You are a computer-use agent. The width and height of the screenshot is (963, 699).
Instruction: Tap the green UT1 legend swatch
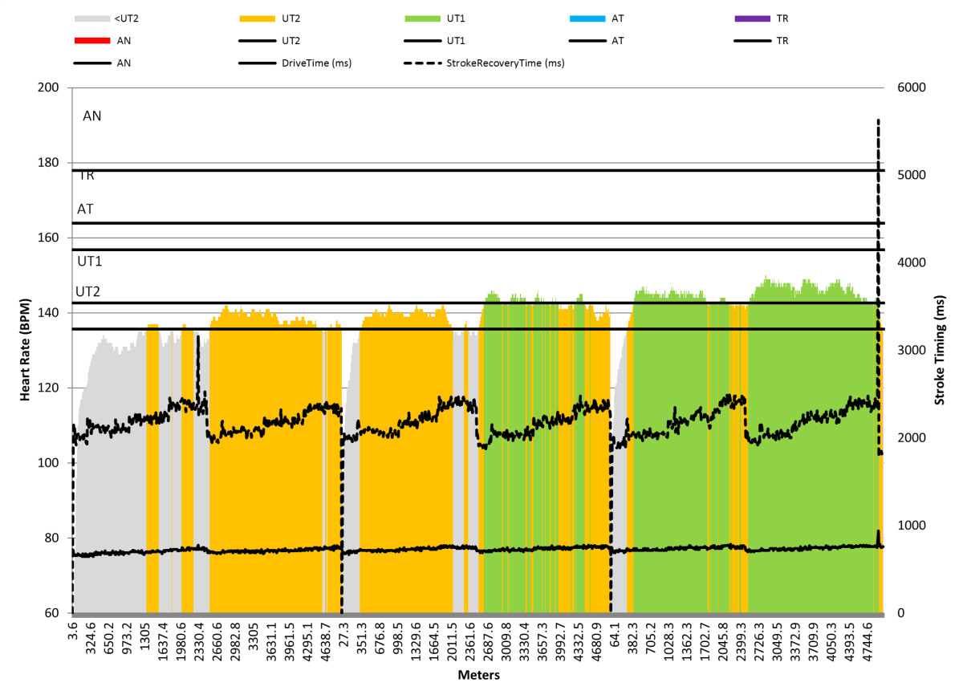pos(421,18)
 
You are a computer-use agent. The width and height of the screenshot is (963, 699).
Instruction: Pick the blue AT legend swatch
pos(586,18)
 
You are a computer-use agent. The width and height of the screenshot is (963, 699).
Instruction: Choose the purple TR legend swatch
pos(751,18)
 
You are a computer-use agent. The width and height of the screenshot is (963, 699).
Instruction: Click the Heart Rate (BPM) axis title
pos(26,351)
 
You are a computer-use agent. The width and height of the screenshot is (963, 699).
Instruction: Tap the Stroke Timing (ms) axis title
pos(940,351)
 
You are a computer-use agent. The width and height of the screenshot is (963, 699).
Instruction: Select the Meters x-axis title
pos(478,675)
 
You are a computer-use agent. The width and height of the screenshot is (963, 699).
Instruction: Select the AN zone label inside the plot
pos(92,116)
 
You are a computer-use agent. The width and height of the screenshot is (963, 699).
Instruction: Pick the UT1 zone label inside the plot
pos(89,262)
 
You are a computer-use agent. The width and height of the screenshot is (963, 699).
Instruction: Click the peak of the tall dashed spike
pos(878,120)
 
